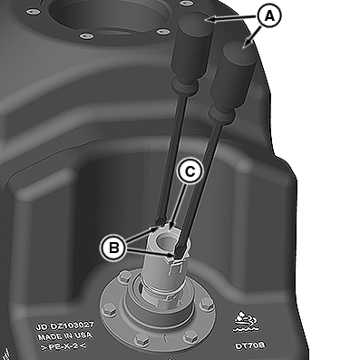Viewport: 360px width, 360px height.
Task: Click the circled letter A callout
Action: (x=268, y=15)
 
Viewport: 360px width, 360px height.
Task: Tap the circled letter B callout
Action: (x=114, y=248)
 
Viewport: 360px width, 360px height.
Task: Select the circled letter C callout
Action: (x=190, y=171)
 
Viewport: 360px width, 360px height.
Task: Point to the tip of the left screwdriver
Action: (x=161, y=221)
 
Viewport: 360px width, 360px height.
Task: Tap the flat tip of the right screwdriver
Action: (x=180, y=251)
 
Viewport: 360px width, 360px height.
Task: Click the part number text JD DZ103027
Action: (x=65, y=326)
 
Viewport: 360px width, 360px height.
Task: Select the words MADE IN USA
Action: (x=64, y=336)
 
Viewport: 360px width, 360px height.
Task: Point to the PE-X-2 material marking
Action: (x=63, y=345)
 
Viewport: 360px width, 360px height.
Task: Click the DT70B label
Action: (x=249, y=345)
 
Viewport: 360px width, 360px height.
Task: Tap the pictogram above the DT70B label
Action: (x=246, y=321)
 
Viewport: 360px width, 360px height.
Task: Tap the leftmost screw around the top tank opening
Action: (x=30, y=12)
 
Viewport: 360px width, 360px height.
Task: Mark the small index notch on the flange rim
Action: (x=165, y=338)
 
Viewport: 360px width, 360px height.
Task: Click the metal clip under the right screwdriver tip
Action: (x=176, y=265)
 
